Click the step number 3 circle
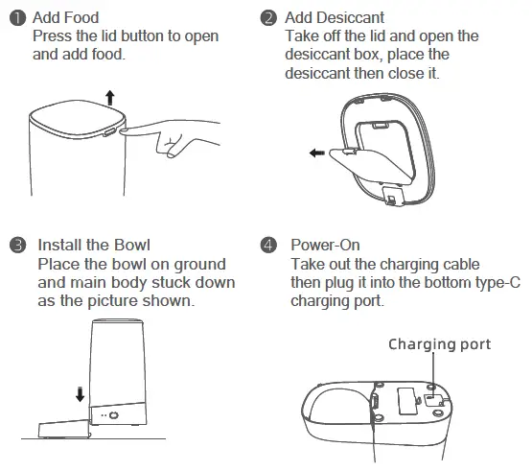click(x=16, y=245)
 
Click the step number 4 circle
click(x=268, y=245)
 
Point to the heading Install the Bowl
click(x=93, y=245)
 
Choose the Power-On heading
click(x=325, y=245)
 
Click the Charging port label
click(x=439, y=344)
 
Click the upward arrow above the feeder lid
click(x=109, y=97)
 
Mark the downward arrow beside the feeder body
click(x=80, y=393)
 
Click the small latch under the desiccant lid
click(x=393, y=196)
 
